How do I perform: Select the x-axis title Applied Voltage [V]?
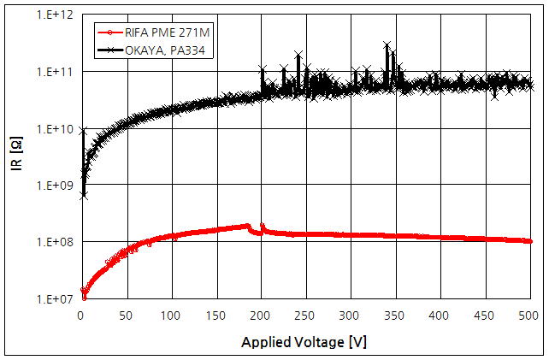(304, 342)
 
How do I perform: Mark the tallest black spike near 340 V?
(387, 44)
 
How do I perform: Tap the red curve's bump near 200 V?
(262, 226)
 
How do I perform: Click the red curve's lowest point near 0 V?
(84, 297)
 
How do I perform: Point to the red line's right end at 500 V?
(530, 241)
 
